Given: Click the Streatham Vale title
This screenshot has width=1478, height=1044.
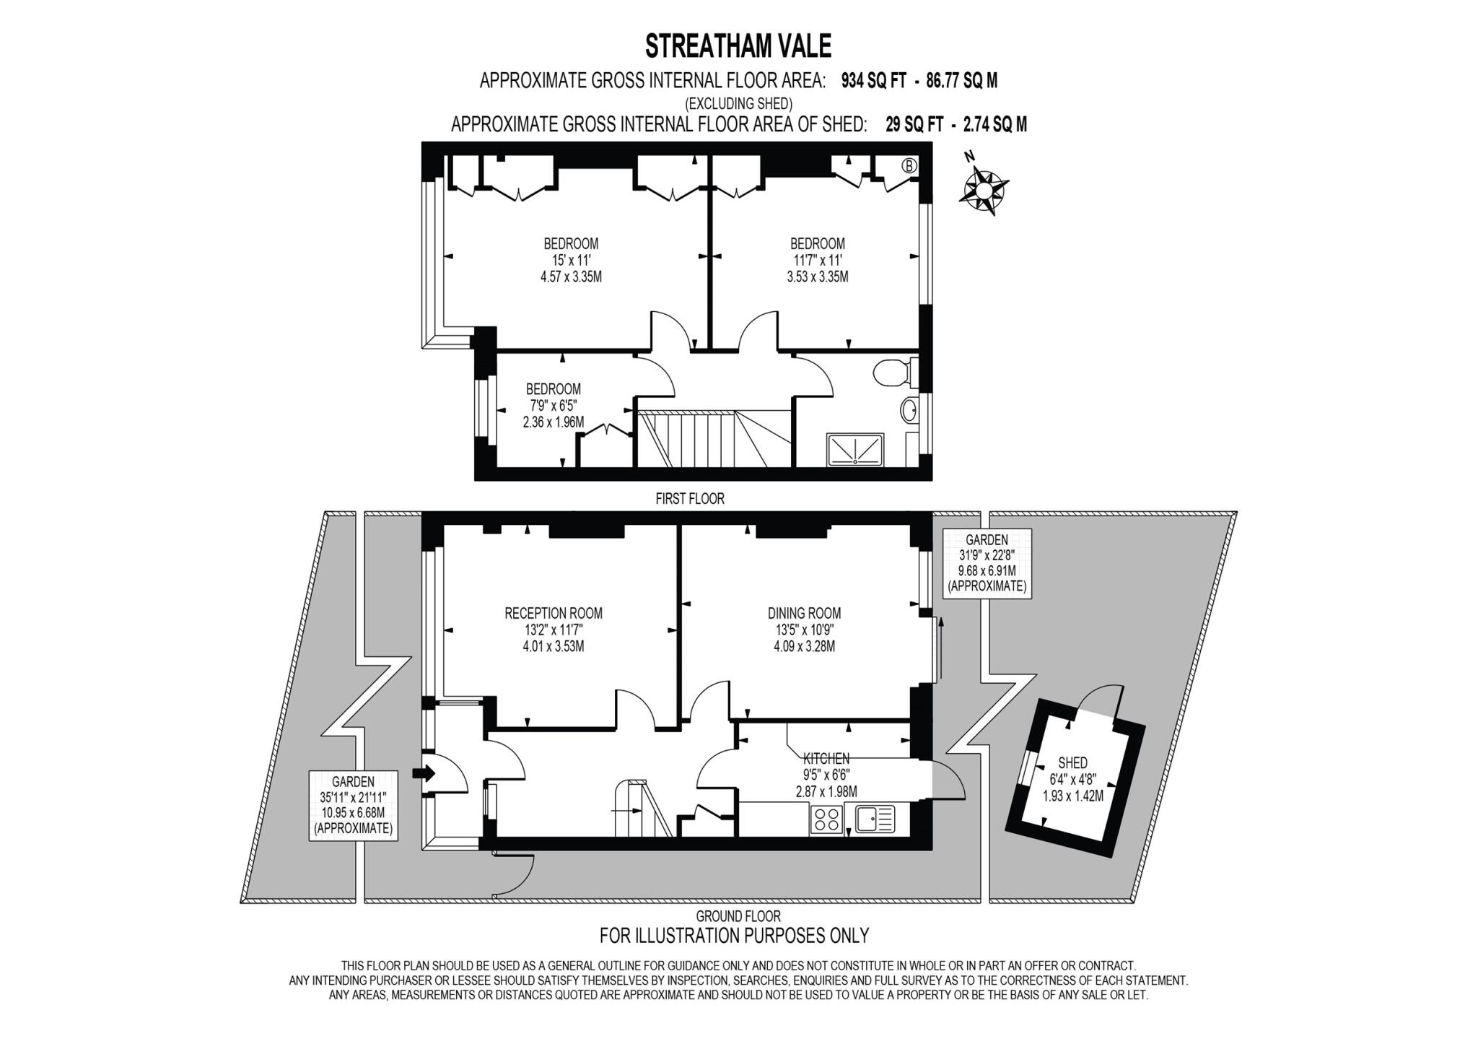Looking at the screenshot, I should (x=738, y=45).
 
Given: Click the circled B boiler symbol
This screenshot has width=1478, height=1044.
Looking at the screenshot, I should (x=909, y=166).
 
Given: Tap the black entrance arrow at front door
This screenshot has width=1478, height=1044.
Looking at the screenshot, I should (x=424, y=774).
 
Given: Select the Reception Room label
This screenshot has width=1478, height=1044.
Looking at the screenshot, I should (x=554, y=614).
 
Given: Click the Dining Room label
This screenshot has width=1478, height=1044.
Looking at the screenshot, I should (x=804, y=614).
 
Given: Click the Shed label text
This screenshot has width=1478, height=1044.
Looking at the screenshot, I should (x=1072, y=763).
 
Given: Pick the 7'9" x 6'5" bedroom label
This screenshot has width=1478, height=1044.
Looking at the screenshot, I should (x=554, y=405).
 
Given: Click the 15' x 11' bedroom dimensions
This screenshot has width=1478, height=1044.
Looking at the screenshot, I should (x=571, y=260).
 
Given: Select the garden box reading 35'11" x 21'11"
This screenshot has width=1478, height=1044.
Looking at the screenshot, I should (x=354, y=805).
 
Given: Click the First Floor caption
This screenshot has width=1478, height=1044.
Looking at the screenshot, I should (x=689, y=498).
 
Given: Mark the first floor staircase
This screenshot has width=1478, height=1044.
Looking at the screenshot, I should (x=704, y=438).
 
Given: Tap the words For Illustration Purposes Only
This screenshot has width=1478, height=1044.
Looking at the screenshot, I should (x=734, y=936).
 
